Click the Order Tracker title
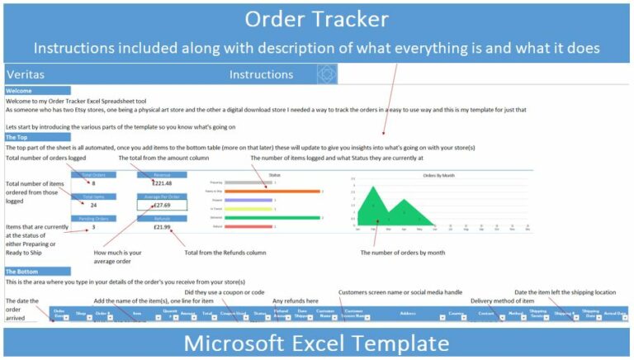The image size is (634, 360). click(x=316, y=18)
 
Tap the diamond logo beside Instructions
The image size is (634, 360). click(x=327, y=74)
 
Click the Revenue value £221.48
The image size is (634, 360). click(x=162, y=183)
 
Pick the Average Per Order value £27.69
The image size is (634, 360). click(x=162, y=205)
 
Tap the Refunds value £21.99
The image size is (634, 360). click(x=162, y=226)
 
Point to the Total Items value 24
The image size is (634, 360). click(x=93, y=205)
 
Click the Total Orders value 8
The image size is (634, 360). click(x=93, y=183)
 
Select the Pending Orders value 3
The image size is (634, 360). click(x=93, y=226)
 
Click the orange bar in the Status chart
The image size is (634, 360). click(x=272, y=191)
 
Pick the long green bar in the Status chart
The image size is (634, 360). click(x=272, y=217)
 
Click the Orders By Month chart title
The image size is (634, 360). click(x=439, y=175)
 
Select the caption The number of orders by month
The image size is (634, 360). click(x=403, y=253)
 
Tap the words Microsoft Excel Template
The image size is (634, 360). click(x=316, y=343)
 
